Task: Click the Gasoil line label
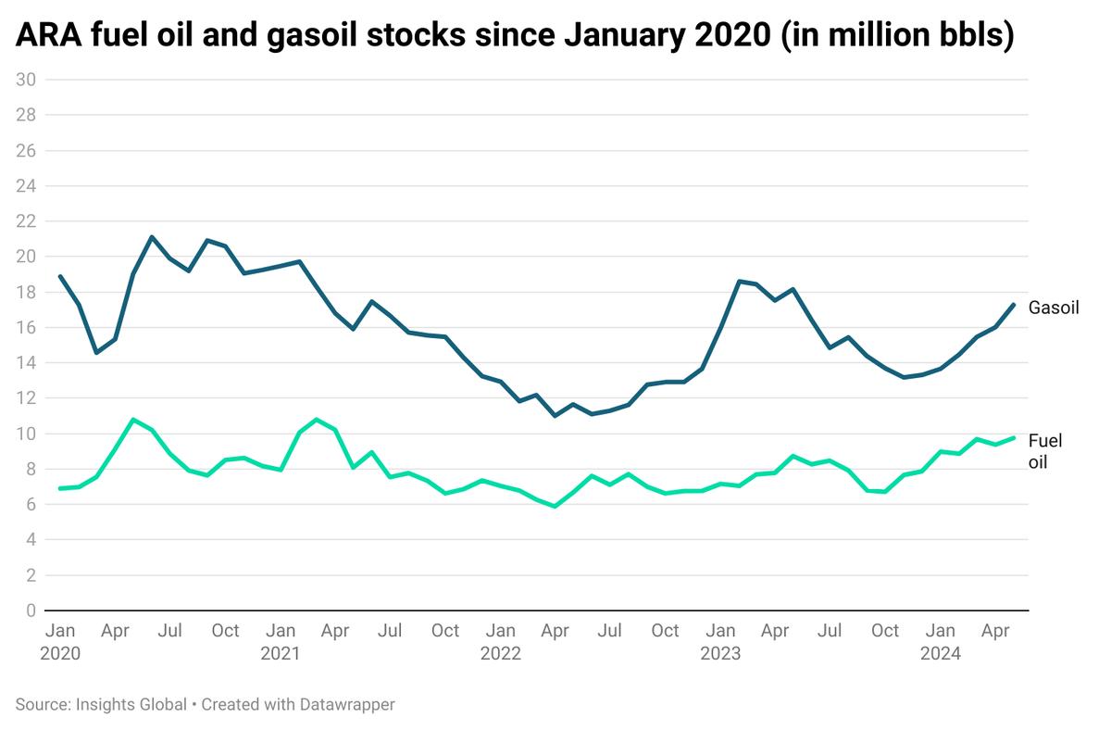tap(1054, 307)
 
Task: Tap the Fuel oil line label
tap(1046, 449)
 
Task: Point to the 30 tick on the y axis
tap(26, 80)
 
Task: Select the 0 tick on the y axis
tap(31, 610)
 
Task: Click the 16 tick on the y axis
tap(26, 327)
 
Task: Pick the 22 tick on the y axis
tap(26, 221)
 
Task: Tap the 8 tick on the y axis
tap(31, 469)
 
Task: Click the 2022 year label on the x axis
tap(500, 653)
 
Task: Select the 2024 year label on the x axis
tap(941, 653)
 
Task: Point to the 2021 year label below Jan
tap(280, 653)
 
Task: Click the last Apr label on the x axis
tap(995, 631)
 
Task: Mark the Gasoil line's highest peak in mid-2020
tap(152, 237)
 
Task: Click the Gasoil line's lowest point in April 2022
tap(555, 416)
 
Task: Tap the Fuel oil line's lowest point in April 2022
tap(555, 507)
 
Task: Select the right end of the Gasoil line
tap(1014, 305)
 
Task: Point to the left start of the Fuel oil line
tap(60, 488)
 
